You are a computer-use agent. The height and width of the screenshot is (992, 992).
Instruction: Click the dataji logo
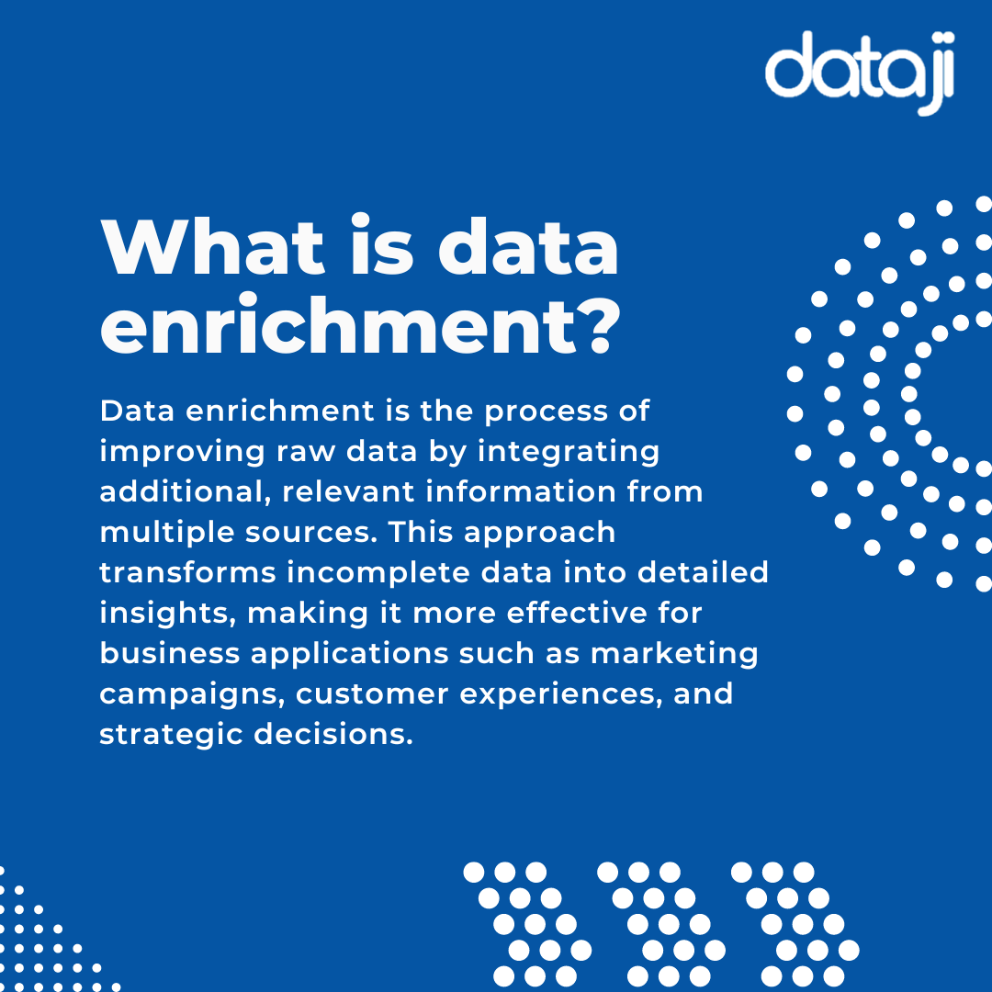click(x=860, y=72)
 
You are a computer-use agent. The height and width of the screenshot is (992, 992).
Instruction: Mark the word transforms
click(x=186, y=572)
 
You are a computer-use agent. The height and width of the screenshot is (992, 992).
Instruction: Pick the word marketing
click(x=674, y=653)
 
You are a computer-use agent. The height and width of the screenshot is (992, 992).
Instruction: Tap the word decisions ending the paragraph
click(x=333, y=734)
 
